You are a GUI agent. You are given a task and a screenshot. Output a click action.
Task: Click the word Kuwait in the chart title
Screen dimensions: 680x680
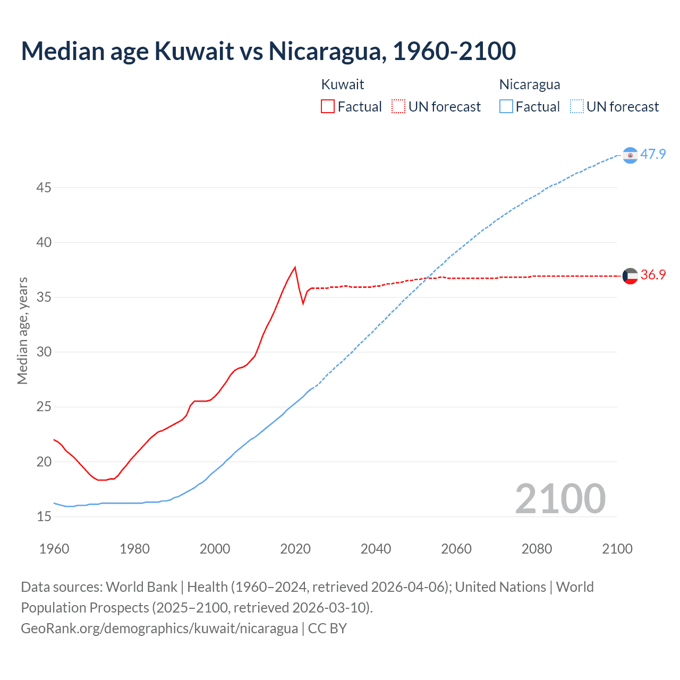pyautogui.click(x=194, y=51)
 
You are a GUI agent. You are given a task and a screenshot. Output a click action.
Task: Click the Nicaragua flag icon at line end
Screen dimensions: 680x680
pyautogui.click(x=630, y=155)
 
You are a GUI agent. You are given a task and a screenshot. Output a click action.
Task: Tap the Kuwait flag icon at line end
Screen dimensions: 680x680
pyautogui.click(x=630, y=276)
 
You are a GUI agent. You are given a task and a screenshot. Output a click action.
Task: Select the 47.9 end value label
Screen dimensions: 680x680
pyautogui.click(x=653, y=154)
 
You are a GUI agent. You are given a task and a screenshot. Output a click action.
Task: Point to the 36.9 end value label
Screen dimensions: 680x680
pyautogui.click(x=653, y=275)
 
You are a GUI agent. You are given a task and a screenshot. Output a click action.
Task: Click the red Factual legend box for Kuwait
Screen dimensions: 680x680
pyautogui.click(x=328, y=106)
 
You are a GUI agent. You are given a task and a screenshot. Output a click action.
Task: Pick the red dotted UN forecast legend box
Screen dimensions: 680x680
pyautogui.click(x=398, y=106)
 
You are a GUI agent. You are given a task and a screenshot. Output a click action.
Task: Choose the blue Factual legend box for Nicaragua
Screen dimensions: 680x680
pyautogui.click(x=506, y=106)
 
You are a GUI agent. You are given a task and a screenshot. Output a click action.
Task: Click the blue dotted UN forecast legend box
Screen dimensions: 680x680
pyautogui.click(x=577, y=106)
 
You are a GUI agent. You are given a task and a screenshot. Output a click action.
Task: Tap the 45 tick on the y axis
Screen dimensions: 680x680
pyautogui.click(x=44, y=188)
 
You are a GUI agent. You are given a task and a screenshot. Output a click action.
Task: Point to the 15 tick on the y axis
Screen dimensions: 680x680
pyautogui.click(x=44, y=516)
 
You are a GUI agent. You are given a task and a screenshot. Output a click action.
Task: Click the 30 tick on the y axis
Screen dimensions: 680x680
pyautogui.click(x=44, y=352)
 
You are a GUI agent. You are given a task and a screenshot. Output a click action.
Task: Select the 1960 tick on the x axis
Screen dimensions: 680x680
pyautogui.click(x=54, y=549)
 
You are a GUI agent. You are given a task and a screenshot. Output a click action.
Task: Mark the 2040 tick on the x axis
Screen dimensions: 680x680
pyautogui.click(x=376, y=549)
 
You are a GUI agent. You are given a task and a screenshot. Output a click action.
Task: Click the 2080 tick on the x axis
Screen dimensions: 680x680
pyautogui.click(x=537, y=549)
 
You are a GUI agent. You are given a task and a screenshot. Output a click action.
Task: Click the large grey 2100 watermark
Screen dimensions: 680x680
pyautogui.click(x=560, y=498)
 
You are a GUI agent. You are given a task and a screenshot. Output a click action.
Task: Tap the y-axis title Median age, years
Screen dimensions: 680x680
pyautogui.click(x=22, y=330)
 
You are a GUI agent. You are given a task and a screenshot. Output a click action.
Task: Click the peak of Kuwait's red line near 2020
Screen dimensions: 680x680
pyautogui.click(x=295, y=267)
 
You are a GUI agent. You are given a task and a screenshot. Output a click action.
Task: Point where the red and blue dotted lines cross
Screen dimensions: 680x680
pyautogui.click(x=427, y=277)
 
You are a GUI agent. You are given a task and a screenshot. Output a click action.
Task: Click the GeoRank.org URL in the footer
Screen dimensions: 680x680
pyautogui.click(x=159, y=628)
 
